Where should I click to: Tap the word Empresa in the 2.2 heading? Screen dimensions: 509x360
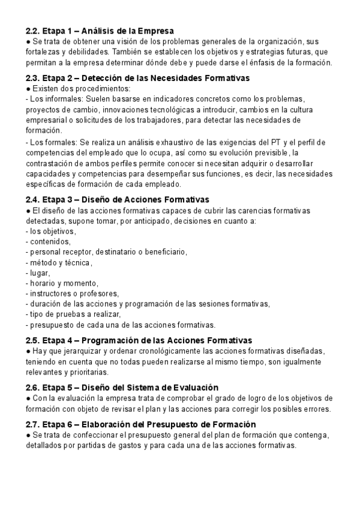click(x=155, y=31)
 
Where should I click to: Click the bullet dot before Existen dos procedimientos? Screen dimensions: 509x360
click(x=28, y=88)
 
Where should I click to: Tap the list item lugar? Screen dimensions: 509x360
click(x=40, y=273)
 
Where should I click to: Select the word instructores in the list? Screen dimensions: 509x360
click(x=50, y=294)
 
